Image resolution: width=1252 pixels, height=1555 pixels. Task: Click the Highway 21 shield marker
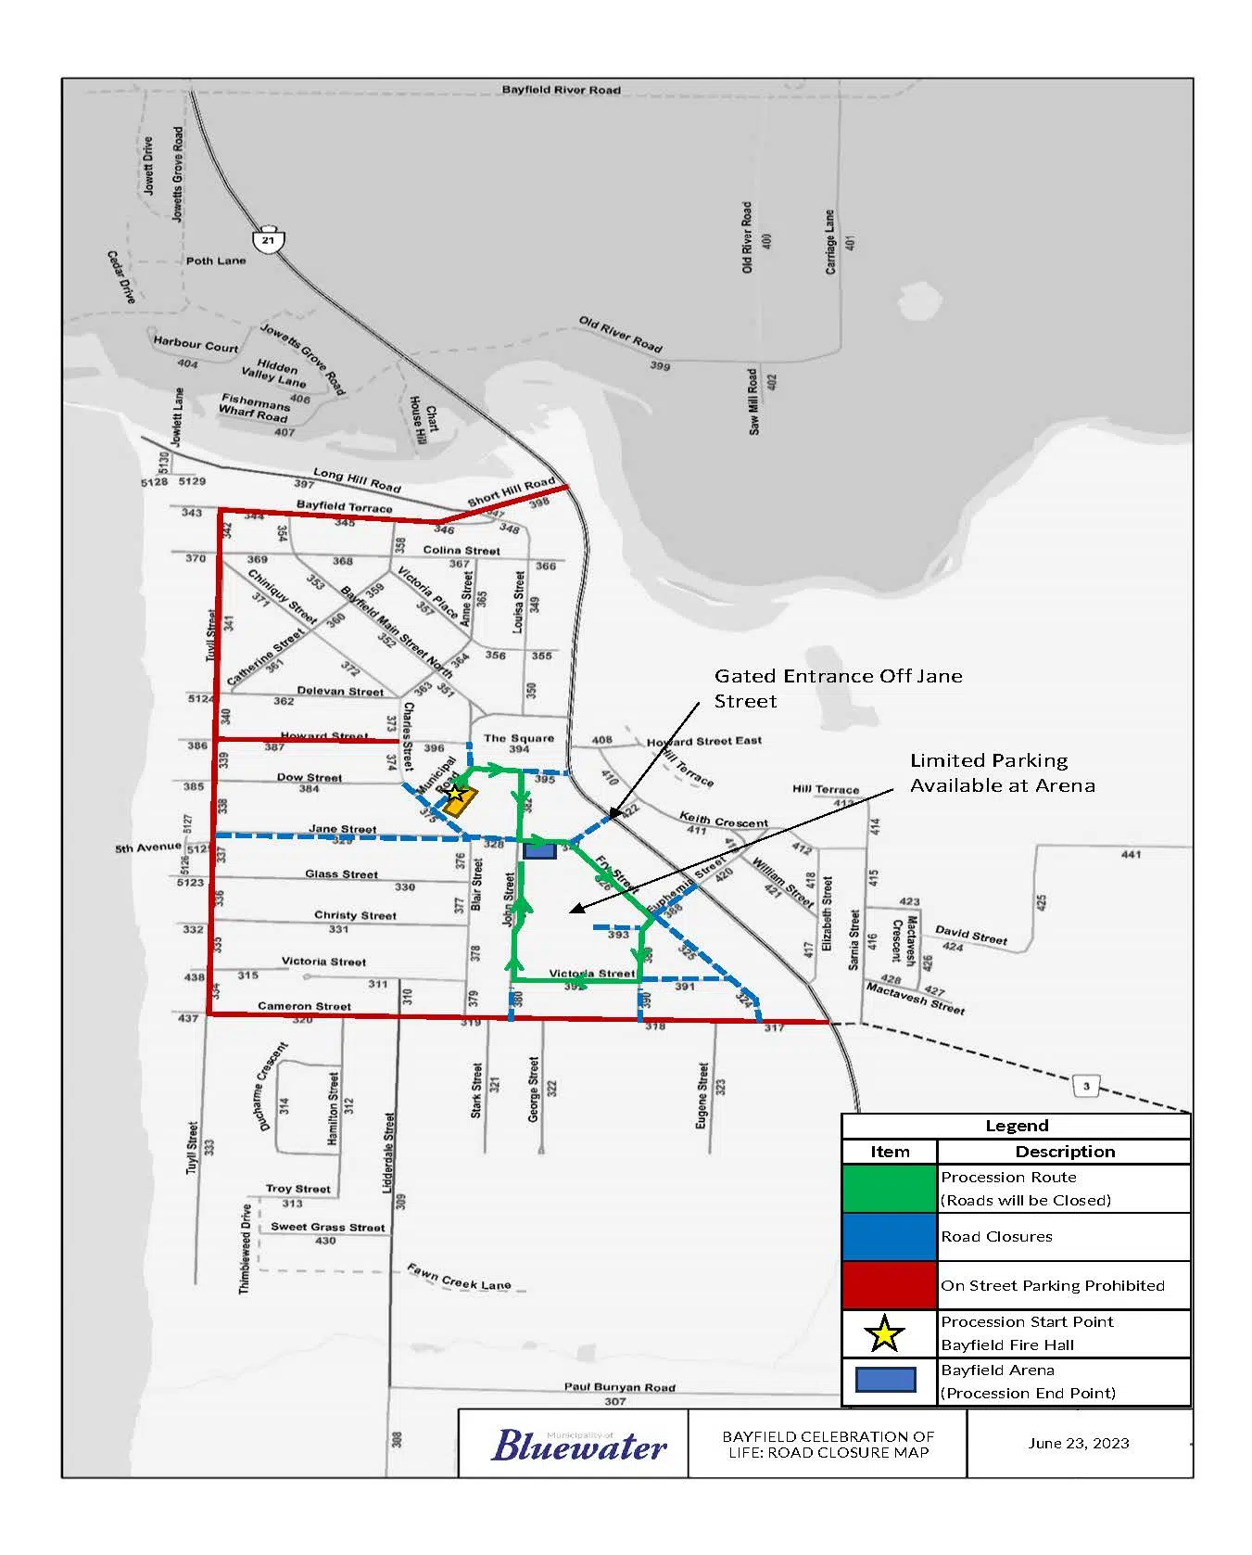click(x=269, y=238)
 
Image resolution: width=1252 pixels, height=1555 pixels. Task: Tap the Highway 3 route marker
click(x=1086, y=1086)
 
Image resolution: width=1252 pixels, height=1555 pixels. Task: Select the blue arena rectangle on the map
click(x=539, y=850)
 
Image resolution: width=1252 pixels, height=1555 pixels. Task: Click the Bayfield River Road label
click(x=561, y=90)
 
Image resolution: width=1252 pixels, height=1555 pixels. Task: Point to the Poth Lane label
click(x=216, y=261)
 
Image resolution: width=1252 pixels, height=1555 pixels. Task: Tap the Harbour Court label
click(x=196, y=345)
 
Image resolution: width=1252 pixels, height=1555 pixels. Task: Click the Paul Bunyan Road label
click(x=620, y=1387)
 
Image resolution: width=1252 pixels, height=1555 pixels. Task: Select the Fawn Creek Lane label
click(x=459, y=1277)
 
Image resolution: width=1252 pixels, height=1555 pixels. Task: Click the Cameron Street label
click(x=304, y=1006)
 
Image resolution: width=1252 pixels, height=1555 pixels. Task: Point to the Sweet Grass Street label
click(x=327, y=1227)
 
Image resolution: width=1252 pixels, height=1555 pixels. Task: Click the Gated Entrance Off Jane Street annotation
click(x=838, y=688)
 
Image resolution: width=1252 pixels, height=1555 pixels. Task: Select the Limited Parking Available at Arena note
click(x=1002, y=772)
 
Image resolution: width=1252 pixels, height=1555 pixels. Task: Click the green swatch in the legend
click(x=890, y=1189)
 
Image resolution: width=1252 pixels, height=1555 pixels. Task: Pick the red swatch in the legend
click(x=890, y=1285)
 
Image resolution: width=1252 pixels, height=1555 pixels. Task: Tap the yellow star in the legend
click(x=885, y=1333)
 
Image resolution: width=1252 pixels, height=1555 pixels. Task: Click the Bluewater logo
click(x=578, y=1445)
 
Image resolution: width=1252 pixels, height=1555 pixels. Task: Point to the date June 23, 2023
click(x=1078, y=1443)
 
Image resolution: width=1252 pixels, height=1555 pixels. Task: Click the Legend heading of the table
click(x=1017, y=1126)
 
